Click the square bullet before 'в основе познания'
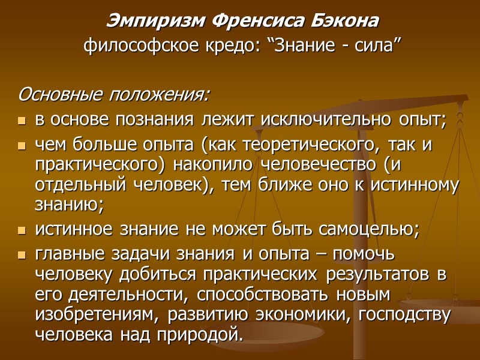[x=22, y=121]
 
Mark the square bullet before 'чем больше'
[x=22, y=146]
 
